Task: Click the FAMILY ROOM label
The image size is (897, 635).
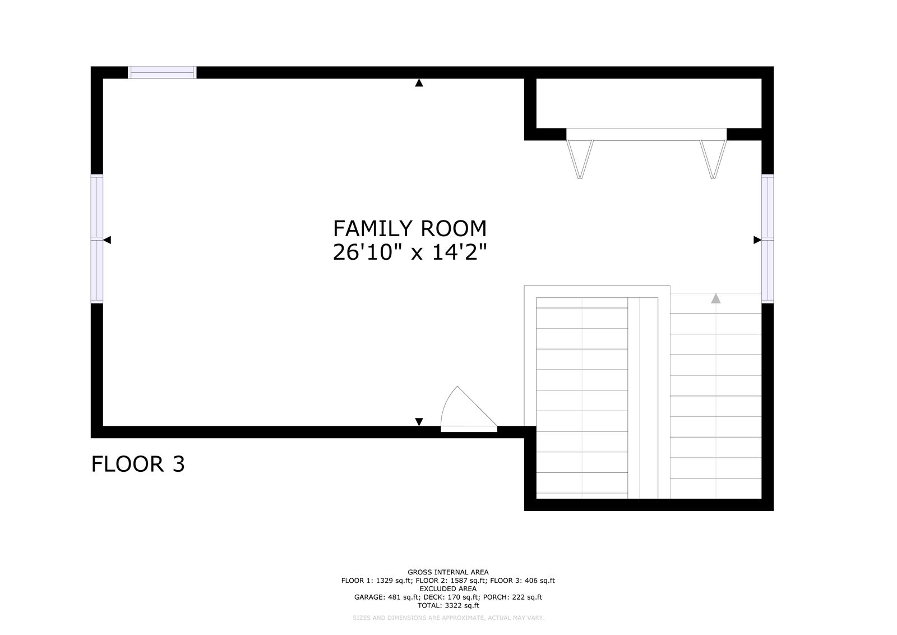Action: point(410,229)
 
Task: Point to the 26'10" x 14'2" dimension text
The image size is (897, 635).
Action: point(410,252)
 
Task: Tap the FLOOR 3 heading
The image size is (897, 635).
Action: point(138,464)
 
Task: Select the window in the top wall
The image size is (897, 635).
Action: point(162,72)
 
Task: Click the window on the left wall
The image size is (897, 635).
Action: point(97,239)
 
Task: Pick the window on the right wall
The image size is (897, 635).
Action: point(767,239)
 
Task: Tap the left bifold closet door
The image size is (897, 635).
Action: point(580,159)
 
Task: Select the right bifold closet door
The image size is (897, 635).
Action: point(713,159)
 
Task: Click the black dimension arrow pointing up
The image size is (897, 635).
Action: point(419,83)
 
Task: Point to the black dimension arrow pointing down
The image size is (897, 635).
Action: point(419,422)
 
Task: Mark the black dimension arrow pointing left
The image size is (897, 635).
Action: point(107,240)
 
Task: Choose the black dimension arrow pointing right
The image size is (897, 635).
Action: point(757,240)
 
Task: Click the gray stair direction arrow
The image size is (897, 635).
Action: point(715,298)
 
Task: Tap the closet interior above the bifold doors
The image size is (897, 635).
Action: point(649,103)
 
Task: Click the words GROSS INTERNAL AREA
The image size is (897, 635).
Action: point(448,572)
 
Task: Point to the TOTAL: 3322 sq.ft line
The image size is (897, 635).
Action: point(448,605)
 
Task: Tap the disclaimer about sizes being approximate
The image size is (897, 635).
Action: point(449,618)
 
